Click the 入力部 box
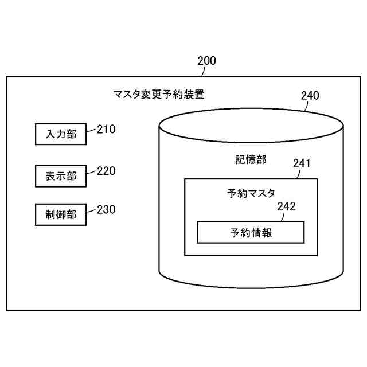(61, 135)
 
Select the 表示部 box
(61, 175)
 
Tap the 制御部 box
(61, 215)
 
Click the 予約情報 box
(251, 232)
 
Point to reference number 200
(206, 61)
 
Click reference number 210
(106, 130)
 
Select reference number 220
(106, 171)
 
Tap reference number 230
(106, 210)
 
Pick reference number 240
(310, 96)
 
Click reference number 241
(302, 163)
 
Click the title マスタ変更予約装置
(159, 95)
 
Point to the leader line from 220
(91, 173)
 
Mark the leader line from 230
(91, 213)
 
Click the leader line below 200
(198, 71)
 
